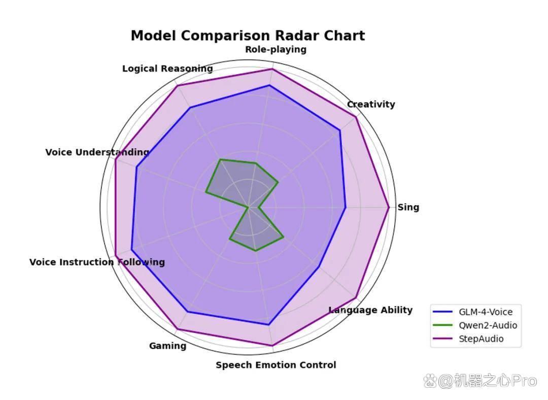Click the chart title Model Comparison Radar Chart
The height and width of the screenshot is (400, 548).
(248, 36)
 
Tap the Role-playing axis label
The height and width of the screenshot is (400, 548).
(276, 50)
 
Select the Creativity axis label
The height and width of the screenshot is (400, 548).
(371, 104)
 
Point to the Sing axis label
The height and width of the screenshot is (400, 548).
(408, 207)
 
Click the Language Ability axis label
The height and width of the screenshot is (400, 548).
(370, 310)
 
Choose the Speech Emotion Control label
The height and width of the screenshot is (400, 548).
(276, 365)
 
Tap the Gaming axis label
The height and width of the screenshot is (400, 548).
(168, 346)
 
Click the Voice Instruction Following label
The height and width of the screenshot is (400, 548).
(97, 262)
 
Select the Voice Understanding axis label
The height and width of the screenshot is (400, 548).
(97, 152)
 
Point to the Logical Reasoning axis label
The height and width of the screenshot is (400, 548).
(167, 69)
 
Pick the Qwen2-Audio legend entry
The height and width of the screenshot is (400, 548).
(475, 325)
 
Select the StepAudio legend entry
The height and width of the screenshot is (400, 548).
(468, 339)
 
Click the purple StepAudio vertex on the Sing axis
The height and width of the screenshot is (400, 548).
(389, 207)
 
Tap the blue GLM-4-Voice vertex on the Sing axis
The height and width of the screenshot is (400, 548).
(346, 207)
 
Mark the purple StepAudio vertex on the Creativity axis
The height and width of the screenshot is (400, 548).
(356, 117)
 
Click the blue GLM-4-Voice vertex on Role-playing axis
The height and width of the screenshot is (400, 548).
(269, 85)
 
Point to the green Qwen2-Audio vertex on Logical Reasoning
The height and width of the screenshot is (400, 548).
(220, 159)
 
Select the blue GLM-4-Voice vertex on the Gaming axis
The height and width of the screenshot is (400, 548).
(187, 312)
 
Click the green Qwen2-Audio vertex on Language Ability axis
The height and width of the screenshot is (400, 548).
(284, 237)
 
